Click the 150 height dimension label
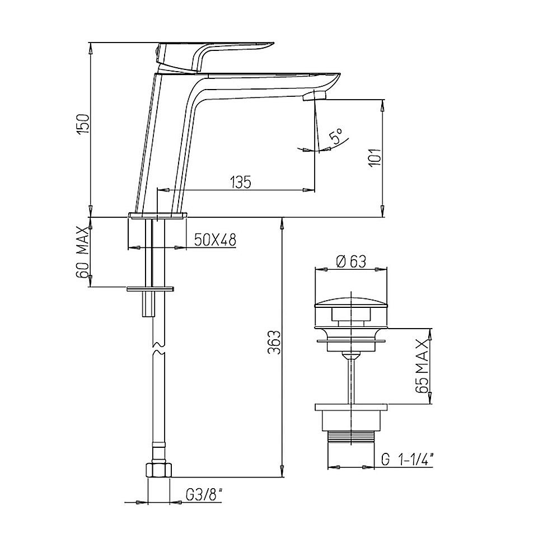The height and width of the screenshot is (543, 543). (x=83, y=124)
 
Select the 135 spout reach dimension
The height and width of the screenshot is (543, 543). (x=240, y=182)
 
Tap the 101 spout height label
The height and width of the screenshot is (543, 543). (x=375, y=158)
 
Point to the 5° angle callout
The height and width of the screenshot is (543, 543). (x=336, y=135)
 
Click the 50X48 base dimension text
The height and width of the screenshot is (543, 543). (x=215, y=239)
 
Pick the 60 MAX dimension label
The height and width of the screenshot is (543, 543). (x=83, y=252)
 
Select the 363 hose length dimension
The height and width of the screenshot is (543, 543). (x=275, y=343)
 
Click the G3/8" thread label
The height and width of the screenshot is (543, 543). (x=204, y=496)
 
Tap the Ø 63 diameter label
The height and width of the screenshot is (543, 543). (x=351, y=261)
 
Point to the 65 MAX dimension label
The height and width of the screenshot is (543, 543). (x=423, y=366)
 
